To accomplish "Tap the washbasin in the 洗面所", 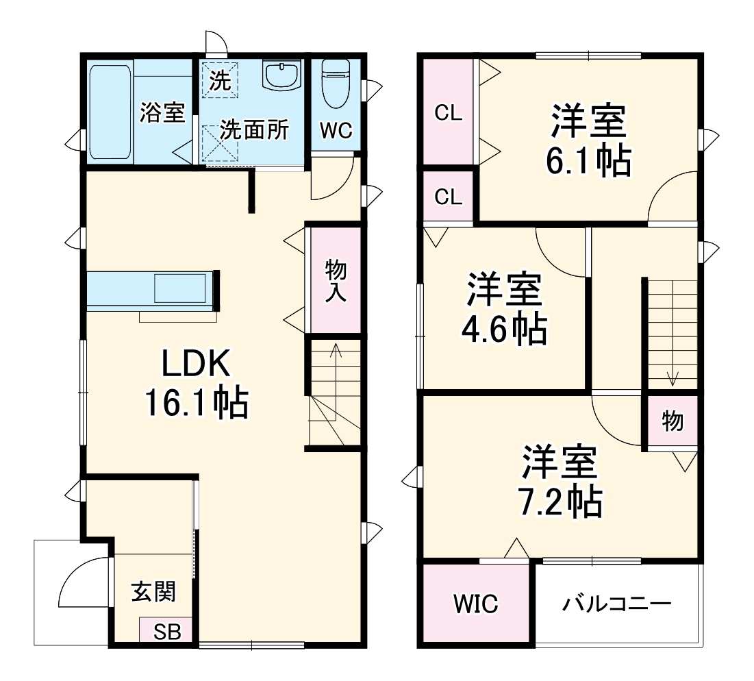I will coord(282,75).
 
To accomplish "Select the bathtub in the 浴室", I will coord(110,113).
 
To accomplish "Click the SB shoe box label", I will coord(167,632).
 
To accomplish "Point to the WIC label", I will coord(476,604).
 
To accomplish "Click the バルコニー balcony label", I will coord(617,604).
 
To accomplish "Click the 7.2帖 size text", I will coord(560,502).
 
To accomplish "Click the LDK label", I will coord(195,364).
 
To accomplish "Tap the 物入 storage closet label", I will coord(336,280).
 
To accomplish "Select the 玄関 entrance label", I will coord(153,591).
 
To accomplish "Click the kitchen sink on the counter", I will coord(180,288).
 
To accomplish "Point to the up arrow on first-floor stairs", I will coord(336,353).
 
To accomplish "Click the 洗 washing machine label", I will coord(219,81).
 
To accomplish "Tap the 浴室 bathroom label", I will coord(162,113).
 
